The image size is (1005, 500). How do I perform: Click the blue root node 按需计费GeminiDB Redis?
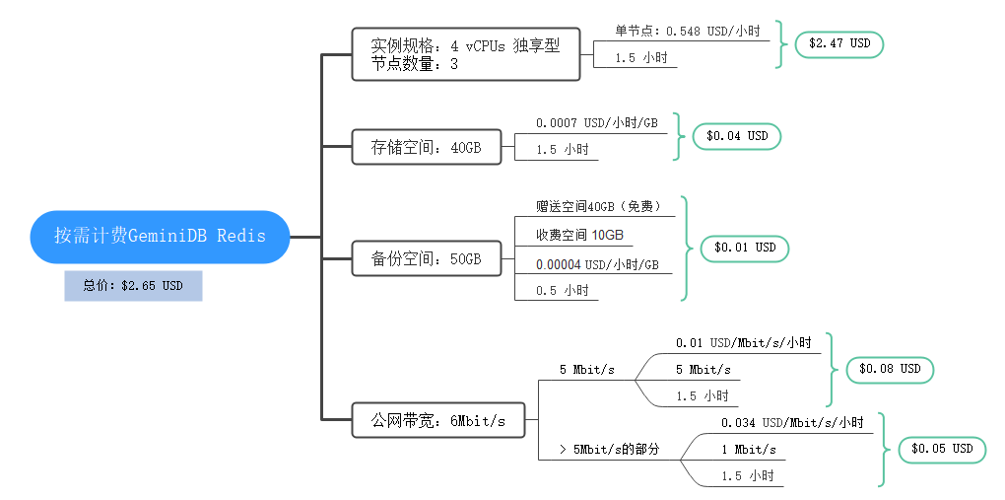pos(160,237)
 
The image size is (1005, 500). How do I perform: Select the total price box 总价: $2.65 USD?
pos(133,286)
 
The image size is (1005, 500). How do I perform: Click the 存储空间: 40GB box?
pos(426,148)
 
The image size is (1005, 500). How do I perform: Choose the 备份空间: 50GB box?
pos(426,259)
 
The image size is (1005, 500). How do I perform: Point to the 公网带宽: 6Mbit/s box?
pos(438,421)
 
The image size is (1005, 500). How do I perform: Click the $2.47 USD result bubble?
pos(839,44)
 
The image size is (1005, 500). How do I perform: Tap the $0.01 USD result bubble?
pos(745,248)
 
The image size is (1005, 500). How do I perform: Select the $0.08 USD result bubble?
pos(890,369)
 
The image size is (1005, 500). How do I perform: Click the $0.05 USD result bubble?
pos(942,449)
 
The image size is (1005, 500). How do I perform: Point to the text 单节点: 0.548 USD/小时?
pos(687,32)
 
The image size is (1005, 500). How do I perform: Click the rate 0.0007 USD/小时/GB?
pos(596,123)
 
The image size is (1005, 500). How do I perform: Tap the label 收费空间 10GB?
pos(579,235)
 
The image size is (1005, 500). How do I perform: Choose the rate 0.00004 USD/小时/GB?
pos(596,264)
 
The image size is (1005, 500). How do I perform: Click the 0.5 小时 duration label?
pos(562,291)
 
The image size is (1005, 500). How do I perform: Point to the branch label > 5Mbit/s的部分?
pos(608,449)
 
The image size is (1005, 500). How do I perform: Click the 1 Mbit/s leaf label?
pos(749,450)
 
